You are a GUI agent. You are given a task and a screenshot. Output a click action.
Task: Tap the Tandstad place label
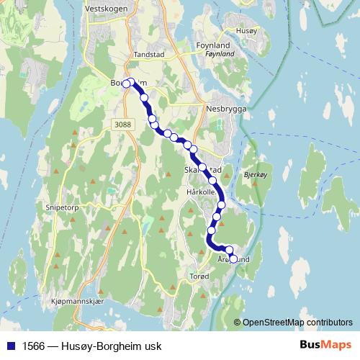point(150,55)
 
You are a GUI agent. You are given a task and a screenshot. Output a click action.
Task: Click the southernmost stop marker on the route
point(233,258)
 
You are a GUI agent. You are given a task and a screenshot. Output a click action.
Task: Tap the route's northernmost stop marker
point(131,81)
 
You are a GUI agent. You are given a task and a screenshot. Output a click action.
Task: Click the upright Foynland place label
point(214,45)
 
